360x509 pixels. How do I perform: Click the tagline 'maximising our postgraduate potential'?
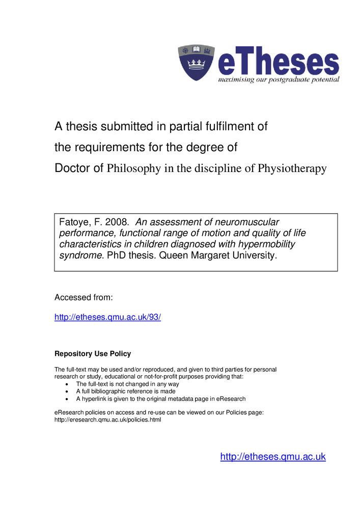point(279,80)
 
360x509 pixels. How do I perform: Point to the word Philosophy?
point(134,169)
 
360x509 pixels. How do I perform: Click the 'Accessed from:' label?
point(84,297)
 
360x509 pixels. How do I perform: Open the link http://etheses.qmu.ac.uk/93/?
point(107,317)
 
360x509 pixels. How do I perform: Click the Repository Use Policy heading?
point(93,354)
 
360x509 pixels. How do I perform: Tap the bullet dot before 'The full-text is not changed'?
point(68,384)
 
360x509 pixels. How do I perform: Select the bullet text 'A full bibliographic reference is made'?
point(126,391)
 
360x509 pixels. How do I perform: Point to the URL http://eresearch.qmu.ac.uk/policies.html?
point(107,420)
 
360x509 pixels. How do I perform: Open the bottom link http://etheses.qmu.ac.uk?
point(272,457)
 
